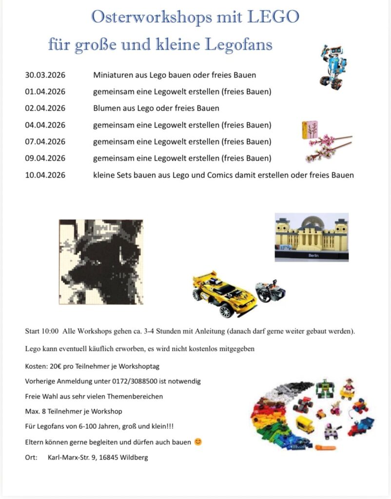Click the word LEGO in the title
click(x=273, y=18)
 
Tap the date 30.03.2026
click(x=45, y=75)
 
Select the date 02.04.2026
click(x=45, y=108)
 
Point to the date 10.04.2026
click(x=45, y=175)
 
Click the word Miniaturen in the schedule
click(x=113, y=75)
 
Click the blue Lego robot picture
click(x=333, y=67)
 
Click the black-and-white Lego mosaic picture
click(x=101, y=262)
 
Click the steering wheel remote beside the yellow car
click(x=271, y=291)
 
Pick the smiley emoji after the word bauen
click(x=198, y=442)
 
